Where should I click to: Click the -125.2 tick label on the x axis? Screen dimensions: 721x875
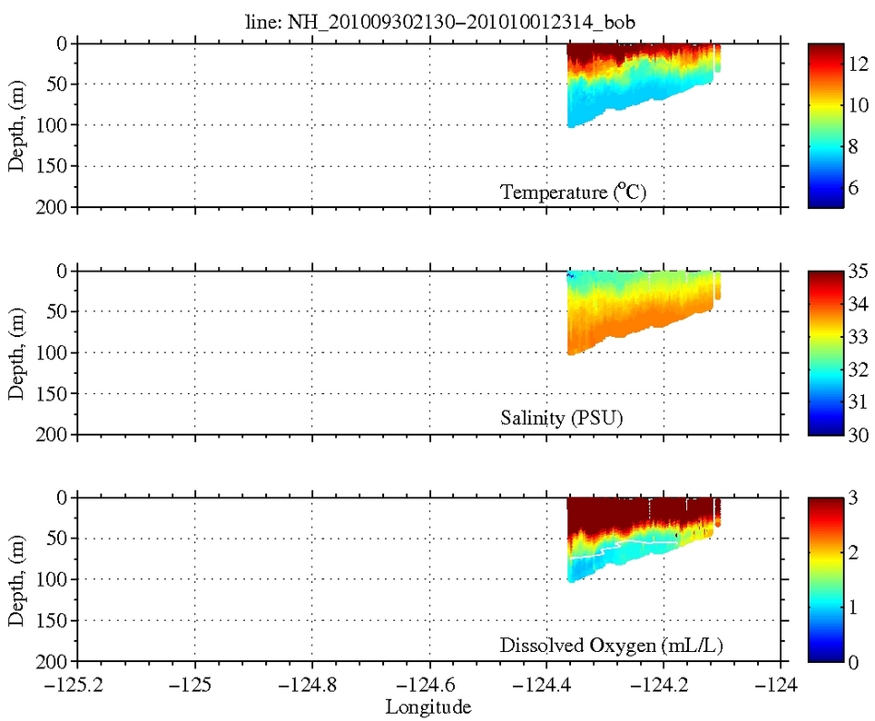pyautogui.click(x=77, y=686)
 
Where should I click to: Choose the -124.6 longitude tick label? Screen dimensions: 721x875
pyautogui.click(x=429, y=686)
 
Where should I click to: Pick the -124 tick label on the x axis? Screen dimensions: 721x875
pyautogui.click(x=782, y=686)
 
